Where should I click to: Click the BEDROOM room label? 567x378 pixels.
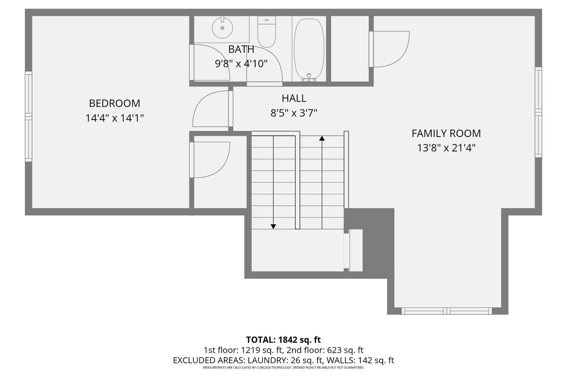pyautogui.click(x=114, y=103)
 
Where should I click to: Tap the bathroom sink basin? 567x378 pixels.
pyautogui.click(x=222, y=28)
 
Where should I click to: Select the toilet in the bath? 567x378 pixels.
pyautogui.click(x=266, y=32)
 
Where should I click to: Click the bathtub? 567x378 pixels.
pyautogui.click(x=309, y=47)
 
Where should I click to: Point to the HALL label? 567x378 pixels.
pyautogui.click(x=294, y=98)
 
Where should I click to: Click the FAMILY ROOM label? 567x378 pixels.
pyautogui.click(x=446, y=134)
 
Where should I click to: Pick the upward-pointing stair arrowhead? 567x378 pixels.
pyautogui.click(x=322, y=138)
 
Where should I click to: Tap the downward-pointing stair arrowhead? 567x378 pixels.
pyautogui.click(x=273, y=226)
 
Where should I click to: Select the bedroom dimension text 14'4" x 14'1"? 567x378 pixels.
pyautogui.click(x=114, y=118)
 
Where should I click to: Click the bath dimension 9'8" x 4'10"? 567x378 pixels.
pyautogui.click(x=241, y=64)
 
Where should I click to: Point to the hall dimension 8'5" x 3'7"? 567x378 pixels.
pyautogui.click(x=294, y=113)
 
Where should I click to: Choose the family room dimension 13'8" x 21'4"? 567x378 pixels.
pyautogui.click(x=446, y=148)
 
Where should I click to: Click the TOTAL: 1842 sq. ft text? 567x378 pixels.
pyautogui.click(x=283, y=340)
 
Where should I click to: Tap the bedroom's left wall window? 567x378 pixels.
pyautogui.click(x=29, y=117)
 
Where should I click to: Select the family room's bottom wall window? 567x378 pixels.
pyautogui.click(x=447, y=311)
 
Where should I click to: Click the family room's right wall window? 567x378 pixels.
pyautogui.click(x=538, y=112)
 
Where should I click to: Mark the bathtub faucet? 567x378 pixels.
pyautogui.click(x=309, y=77)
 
